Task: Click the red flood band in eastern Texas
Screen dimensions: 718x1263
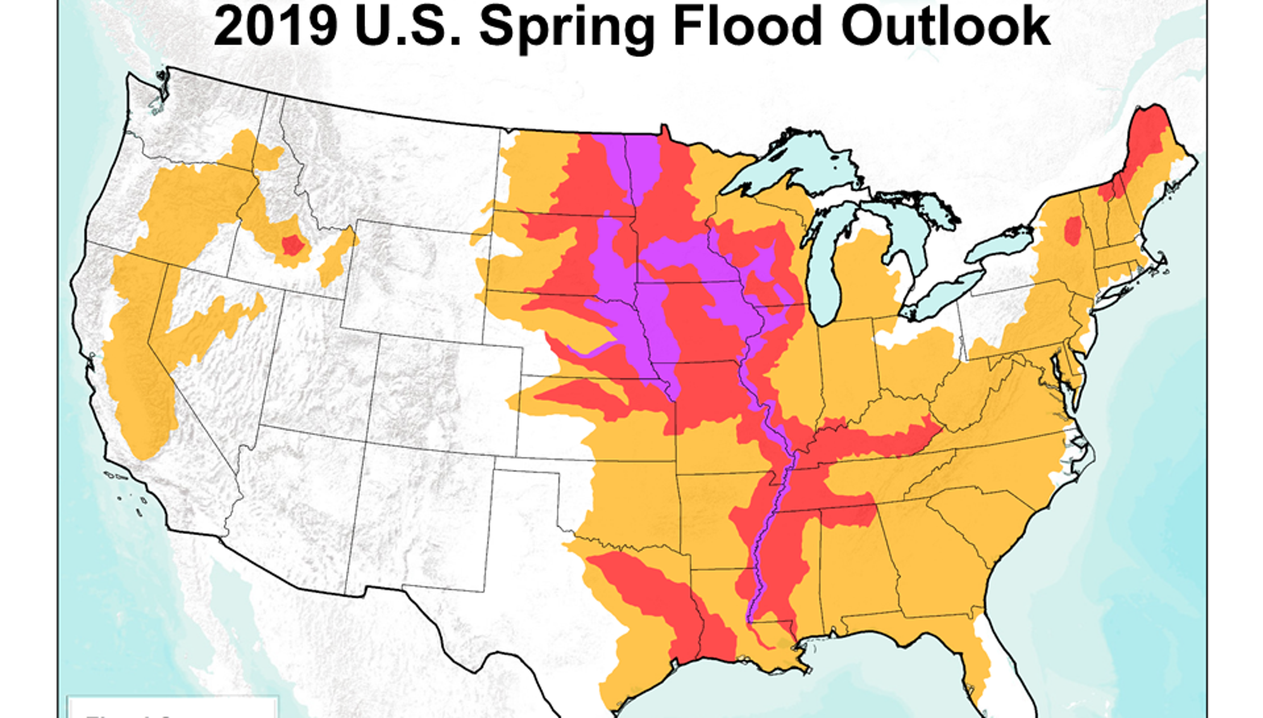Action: tap(656, 602)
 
